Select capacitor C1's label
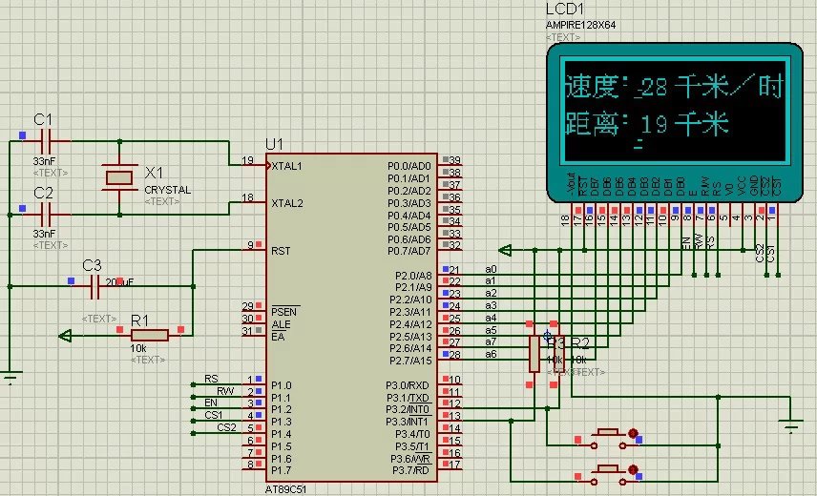[43, 119]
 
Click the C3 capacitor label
[92, 264]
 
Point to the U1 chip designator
[275, 143]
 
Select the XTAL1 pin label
[287, 166]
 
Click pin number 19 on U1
[247, 160]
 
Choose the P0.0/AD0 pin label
[409, 166]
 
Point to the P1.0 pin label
[281, 385]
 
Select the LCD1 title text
[566, 9]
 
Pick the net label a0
[491, 269]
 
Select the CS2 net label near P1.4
[225, 426]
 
